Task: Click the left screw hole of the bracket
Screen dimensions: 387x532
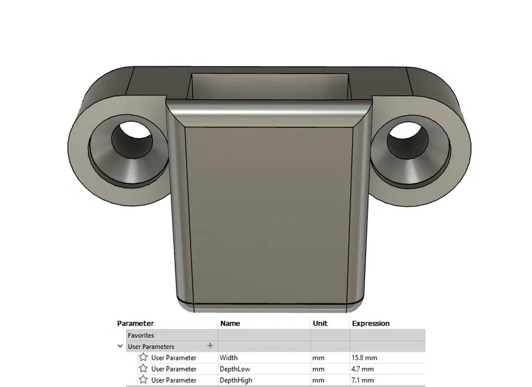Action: coord(132,141)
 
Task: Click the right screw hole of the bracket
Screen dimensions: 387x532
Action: coord(408,139)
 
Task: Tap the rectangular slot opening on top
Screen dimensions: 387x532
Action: coord(270,87)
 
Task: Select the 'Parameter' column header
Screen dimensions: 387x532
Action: coord(135,323)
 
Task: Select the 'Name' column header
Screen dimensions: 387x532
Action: coord(230,323)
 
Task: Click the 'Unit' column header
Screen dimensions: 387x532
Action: coord(320,323)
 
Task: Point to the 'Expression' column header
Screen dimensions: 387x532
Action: coord(371,323)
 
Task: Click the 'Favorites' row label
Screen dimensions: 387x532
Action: coord(140,335)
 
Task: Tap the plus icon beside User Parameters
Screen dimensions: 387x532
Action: coord(210,346)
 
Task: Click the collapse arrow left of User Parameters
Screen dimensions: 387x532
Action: coord(120,346)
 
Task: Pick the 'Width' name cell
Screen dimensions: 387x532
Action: coord(228,358)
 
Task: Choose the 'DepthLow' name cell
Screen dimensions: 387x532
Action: coord(234,369)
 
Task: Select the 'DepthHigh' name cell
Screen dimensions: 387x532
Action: coord(236,380)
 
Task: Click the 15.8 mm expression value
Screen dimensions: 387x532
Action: coord(364,358)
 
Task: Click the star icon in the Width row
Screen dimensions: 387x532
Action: coord(143,357)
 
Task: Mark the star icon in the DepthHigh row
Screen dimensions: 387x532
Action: coord(143,380)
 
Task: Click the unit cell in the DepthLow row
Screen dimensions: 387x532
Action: coord(319,369)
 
